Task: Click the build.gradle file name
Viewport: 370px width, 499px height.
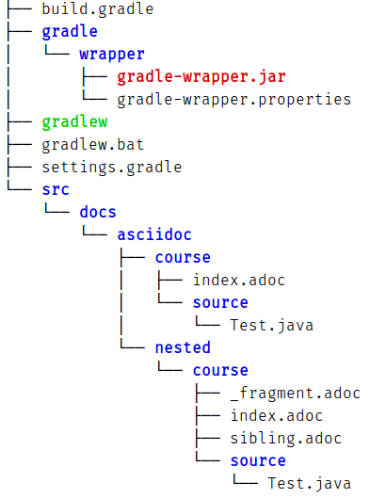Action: (x=98, y=9)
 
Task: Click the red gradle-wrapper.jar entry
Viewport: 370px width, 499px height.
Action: (x=201, y=76)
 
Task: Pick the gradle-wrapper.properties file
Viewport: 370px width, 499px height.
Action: (x=233, y=99)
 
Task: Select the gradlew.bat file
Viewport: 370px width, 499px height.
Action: (x=88, y=144)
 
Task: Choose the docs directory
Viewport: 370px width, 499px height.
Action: (x=98, y=212)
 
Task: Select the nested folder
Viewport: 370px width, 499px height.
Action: (x=183, y=347)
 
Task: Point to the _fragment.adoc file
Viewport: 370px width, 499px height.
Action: (x=295, y=393)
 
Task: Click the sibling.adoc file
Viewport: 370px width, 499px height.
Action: (x=285, y=438)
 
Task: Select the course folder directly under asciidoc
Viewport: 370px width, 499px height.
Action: (x=183, y=257)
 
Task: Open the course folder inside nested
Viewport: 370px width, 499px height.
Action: (x=220, y=370)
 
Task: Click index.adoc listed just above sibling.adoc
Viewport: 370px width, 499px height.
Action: (x=276, y=415)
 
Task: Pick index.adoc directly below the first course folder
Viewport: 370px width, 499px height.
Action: (x=238, y=280)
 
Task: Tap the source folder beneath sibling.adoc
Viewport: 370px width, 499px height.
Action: (x=258, y=460)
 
